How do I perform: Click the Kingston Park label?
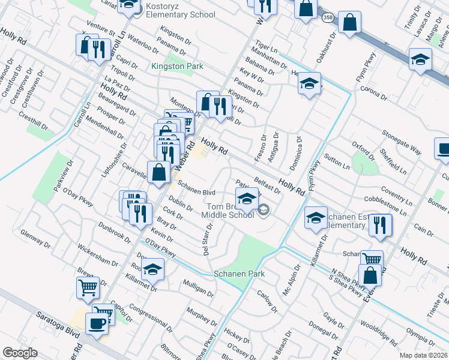tap(177, 67)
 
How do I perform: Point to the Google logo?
tap(20, 353)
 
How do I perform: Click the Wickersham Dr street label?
tap(97, 254)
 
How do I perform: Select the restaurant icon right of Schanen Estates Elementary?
tap(380, 225)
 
